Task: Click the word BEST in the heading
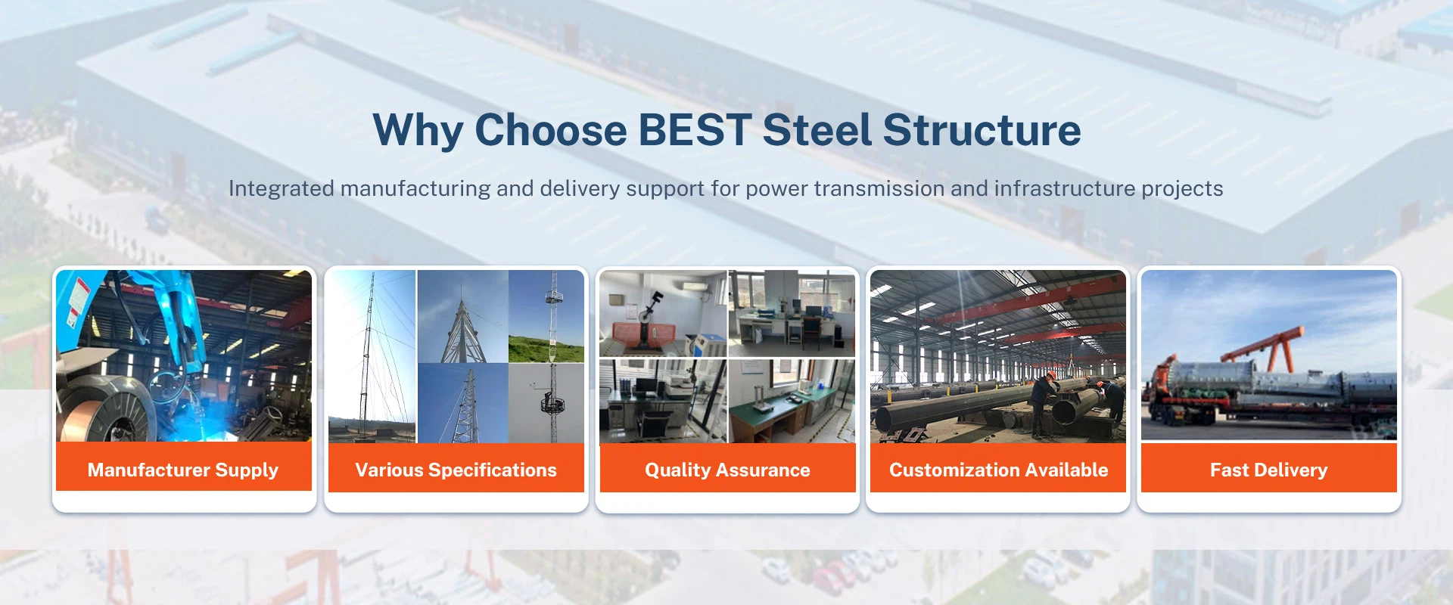tap(695, 130)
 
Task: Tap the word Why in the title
tap(417, 130)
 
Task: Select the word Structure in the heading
tap(982, 130)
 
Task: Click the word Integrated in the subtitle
tap(282, 188)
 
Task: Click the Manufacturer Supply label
tap(183, 470)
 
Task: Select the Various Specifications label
tap(456, 470)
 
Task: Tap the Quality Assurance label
tap(727, 470)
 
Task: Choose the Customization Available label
tap(998, 470)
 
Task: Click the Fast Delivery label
tap(1268, 470)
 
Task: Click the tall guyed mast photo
tap(371, 355)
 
